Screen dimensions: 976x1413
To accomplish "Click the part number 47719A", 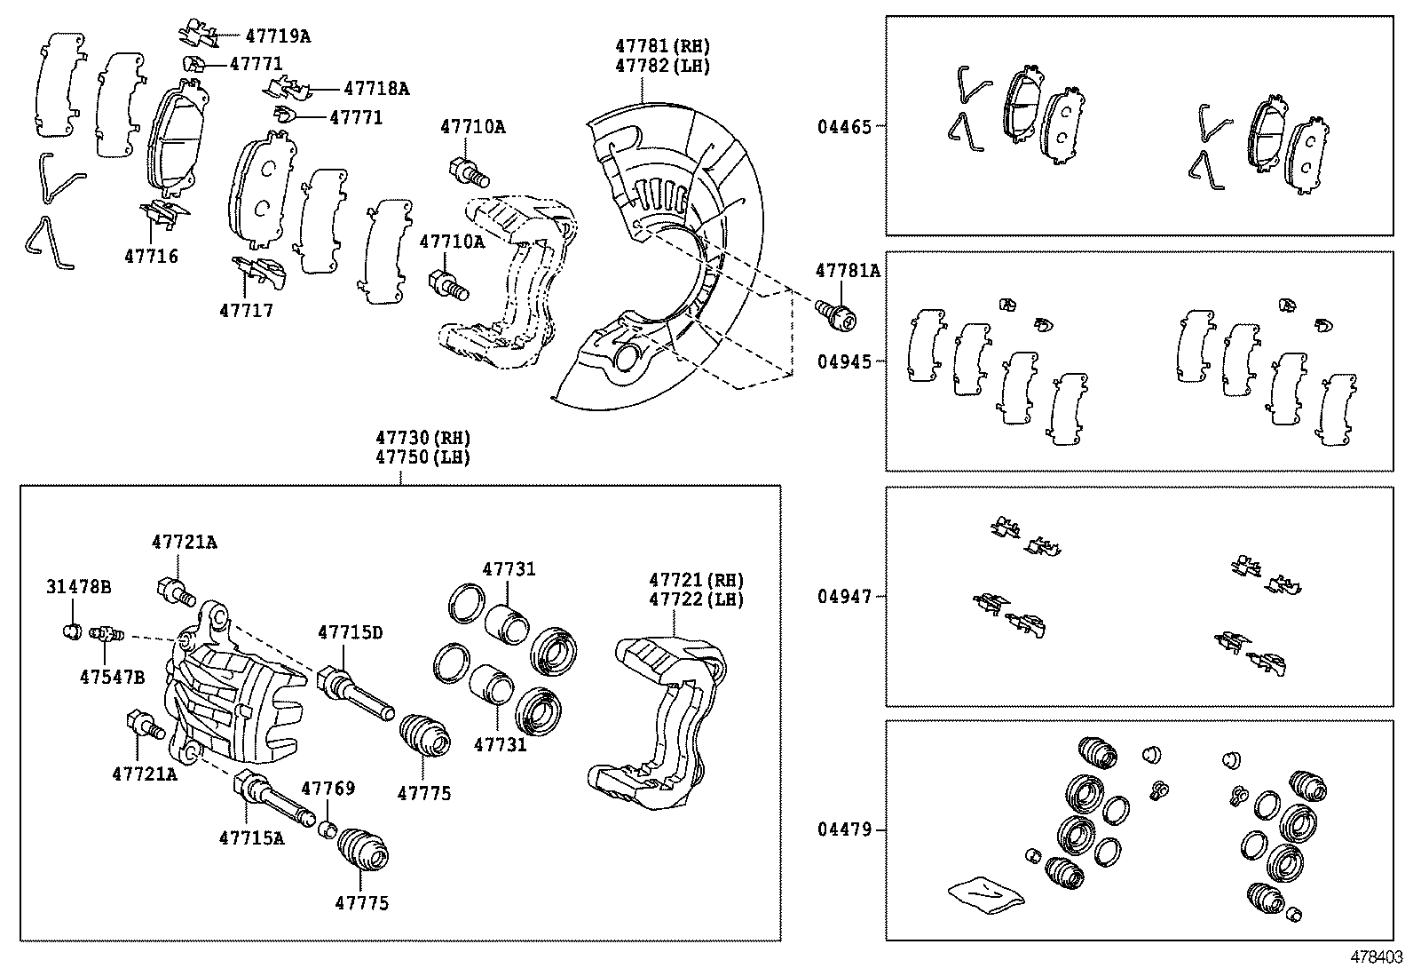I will pyautogui.click(x=278, y=36).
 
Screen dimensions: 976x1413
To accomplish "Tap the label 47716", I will pyautogui.click(x=151, y=257).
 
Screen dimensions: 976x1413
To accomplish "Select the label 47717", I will pyautogui.click(x=247, y=311).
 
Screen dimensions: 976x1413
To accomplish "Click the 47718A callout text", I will pyautogui.click(x=376, y=89).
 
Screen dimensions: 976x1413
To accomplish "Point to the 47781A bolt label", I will pyautogui.click(x=848, y=271).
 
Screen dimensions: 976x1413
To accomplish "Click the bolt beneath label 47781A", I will pyautogui.click(x=835, y=313).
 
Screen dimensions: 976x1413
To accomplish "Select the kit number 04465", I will pyautogui.click(x=845, y=127).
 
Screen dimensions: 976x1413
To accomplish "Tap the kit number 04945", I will pyautogui.click(x=845, y=362).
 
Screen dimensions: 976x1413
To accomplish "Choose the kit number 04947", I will pyautogui.click(x=845, y=597).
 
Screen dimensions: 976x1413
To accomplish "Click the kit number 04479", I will pyautogui.click(x=845, y=830).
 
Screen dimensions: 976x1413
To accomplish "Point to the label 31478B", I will pyautogui.click(x=79, y=587).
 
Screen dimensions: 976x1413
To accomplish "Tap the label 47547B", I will pyautogui.click(x=112, y=677).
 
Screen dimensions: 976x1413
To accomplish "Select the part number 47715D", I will pyautogui.click(x=351, y=632).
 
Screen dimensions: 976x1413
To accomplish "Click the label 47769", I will pyautogui.click(x=328, y=789).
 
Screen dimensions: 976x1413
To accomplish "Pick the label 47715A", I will pyautogui.click(x=252, y=837).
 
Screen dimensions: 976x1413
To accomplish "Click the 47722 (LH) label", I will pyautogui.click(x=696, y=599).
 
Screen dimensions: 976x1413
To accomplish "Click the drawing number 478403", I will pyautogui.click(x=1377, y=957).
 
